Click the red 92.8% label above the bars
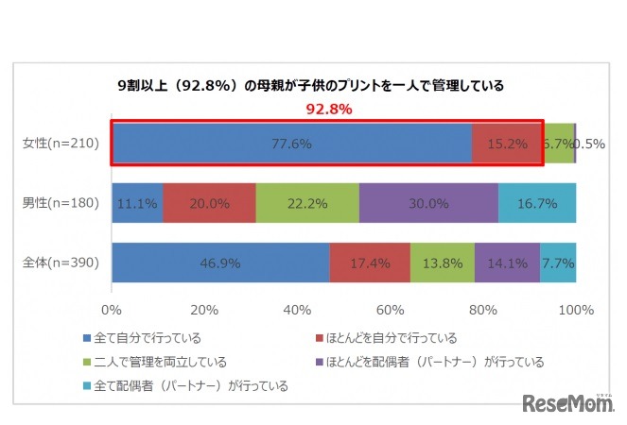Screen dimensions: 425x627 [x=328, y=109]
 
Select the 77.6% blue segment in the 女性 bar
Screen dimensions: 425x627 [x=291, y=144]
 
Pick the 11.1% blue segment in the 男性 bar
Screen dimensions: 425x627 [x=137, y=203]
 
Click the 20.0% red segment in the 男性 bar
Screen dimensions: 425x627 [x=209, y=203]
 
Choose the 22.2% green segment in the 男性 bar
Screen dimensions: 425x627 [x=307, y=203]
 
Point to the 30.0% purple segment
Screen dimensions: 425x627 [x=428, y=203]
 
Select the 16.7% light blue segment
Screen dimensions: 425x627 [x=537, y=203]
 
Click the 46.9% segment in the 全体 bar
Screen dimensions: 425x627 [x=220, y=263]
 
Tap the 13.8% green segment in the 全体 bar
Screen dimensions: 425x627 [x=443, y=263]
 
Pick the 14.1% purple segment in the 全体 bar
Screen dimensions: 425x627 [x=507, y=263]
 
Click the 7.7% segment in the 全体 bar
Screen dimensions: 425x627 [x=558, y=263]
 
